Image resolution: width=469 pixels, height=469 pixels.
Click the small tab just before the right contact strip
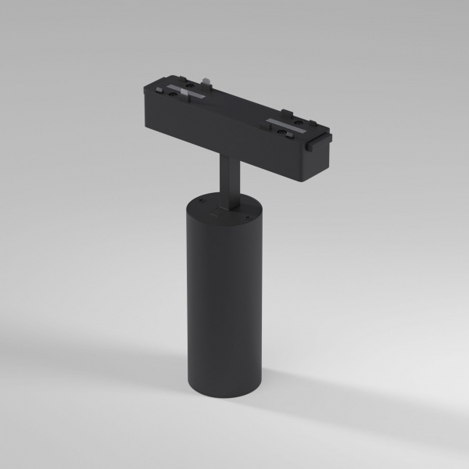click(269, 120)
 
